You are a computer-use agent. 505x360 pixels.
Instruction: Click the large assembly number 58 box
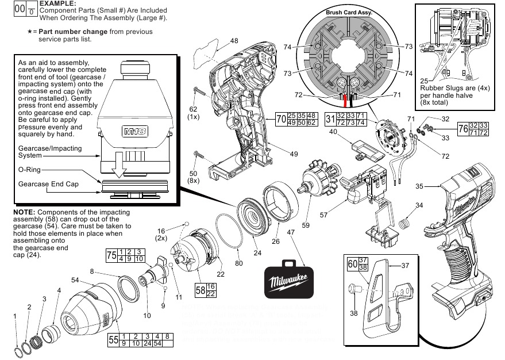pyautogui.click(x=200, y=290)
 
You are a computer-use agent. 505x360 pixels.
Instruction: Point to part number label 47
pyautogui.click(x=291, y=232)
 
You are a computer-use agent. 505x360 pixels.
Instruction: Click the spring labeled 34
pyautogui.click(x=406, y=220)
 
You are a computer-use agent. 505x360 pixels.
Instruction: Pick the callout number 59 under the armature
pyautogui.click(x=306, y=225)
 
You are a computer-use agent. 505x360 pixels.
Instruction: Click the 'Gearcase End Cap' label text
pyautogui.click(x=48, y=184)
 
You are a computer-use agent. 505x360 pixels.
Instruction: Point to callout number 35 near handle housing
pyautogui.click(x=419, y=186)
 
